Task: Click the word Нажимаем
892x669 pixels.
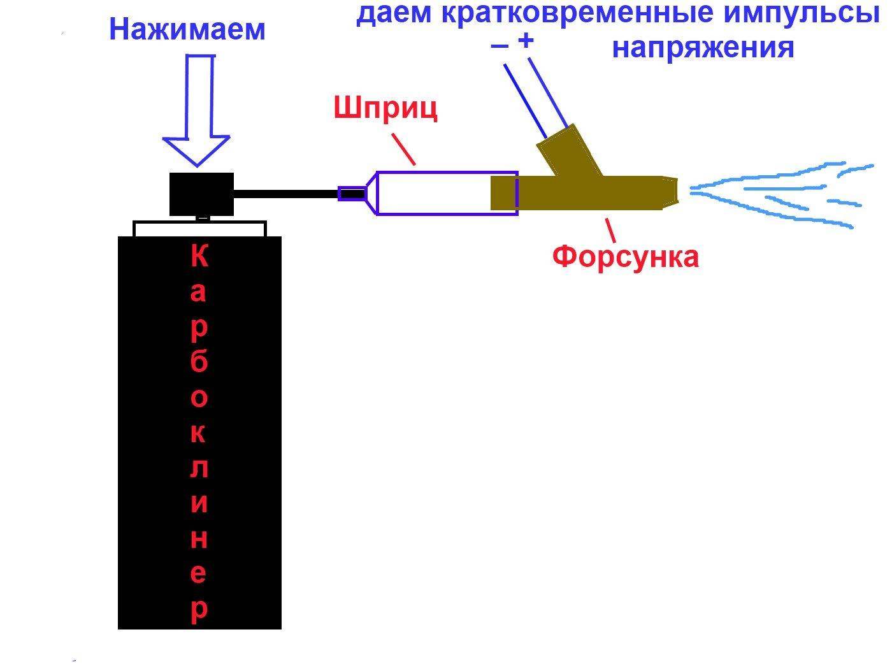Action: coord(187,29)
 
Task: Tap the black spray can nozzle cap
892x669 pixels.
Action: coord(201,194)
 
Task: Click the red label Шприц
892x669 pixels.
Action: coord(385,109)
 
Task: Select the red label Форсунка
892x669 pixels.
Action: coord(625,257)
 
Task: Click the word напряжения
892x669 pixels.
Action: coord(703,48)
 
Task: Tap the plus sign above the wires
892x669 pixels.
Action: coord(526,41)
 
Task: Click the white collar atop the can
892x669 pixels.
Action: coord(199,229)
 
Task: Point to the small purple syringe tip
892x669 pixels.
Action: coord(350,194)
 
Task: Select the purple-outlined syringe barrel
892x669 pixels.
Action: coord(446,194)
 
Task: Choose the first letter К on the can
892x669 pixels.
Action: coord(199,257)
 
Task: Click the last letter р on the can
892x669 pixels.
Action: coord(199,610)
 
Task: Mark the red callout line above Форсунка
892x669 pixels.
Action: coord(610,228)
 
